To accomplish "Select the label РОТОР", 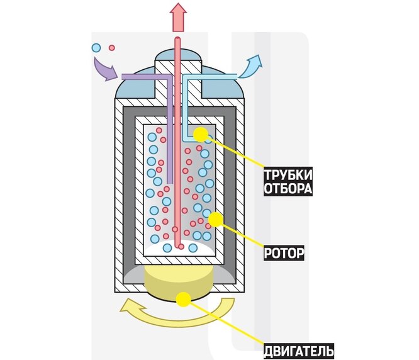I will pos(284,254).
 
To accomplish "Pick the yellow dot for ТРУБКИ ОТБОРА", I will pos(201,133).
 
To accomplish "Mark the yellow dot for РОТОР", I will pos(215,219).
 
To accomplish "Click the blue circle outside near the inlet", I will pos(96,47).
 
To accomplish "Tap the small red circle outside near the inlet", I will pos(112,47).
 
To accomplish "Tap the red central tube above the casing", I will pos(179,44).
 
